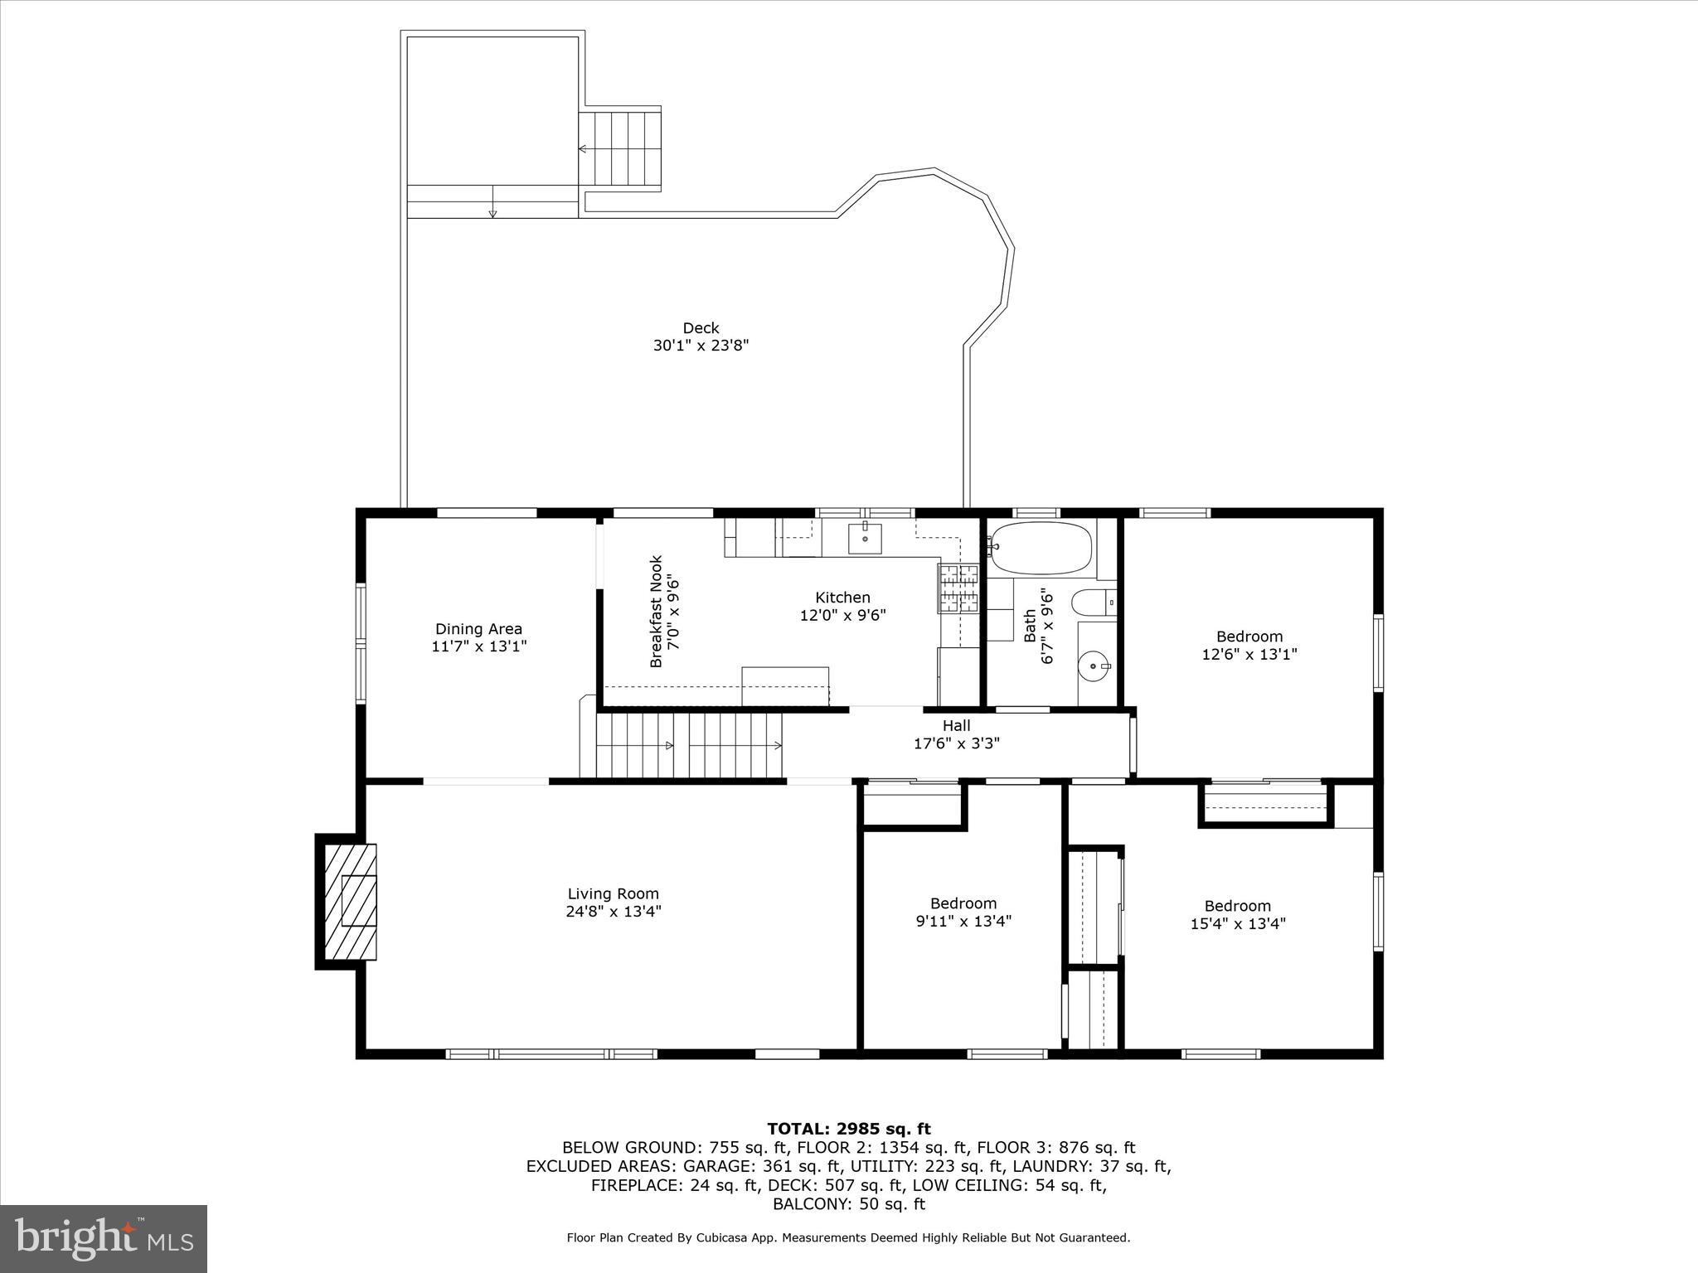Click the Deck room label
[x=701, y=328]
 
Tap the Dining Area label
[x=478, y=629]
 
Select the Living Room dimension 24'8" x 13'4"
[x=613, y=912]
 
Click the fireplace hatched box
[x=350, y=902]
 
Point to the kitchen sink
[x=865, y=538]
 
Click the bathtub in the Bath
[x=1041, y=548]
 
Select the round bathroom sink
[x=1096, y=665]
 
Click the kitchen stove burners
[x=958, y=588]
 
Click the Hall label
[x=956, y=726]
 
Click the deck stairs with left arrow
[x=619, y=149]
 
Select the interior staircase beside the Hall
[x=690, y=746]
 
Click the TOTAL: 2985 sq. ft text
[x=848, y=1129]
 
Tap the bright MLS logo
[x=104, y=1239]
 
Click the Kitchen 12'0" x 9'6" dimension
[x=842, y=615]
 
